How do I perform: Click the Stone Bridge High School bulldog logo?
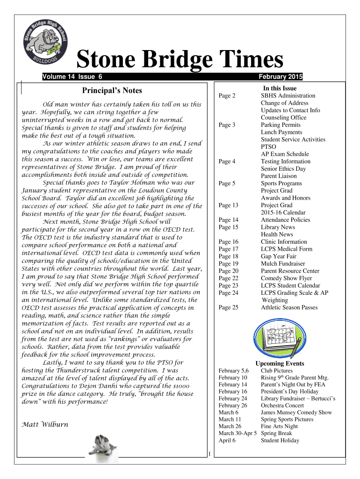point(46,44)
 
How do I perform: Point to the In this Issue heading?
point(280,88)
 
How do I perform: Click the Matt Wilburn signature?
point(45,425)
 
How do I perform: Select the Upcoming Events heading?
point(280,363)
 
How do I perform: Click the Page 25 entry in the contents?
point(228,307)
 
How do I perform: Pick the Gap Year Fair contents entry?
point(279,256)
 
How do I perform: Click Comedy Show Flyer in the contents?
point(287,278)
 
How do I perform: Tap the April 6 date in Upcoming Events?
point(227,441)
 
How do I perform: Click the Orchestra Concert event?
point(282,406)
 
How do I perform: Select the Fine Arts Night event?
point(279,427)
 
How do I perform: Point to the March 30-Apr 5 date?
point(238,434)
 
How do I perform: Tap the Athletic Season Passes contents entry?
point(289,307)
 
